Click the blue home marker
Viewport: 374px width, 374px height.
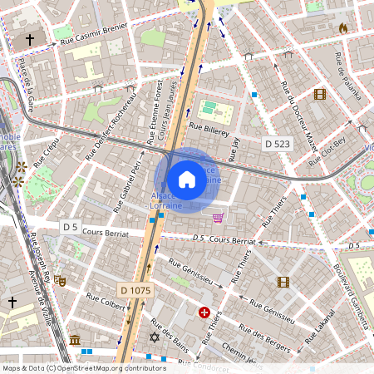(x=187, y=179)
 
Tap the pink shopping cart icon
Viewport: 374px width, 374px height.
(x=218, y=218)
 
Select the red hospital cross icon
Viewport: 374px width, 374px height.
(x=204, y=312)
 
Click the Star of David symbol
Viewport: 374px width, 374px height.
(x=153, y=337)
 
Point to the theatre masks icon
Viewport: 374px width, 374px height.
(x=62, y=282)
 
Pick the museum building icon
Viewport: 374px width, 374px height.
(x=75, y=340)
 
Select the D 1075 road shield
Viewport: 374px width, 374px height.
(x=135, y=290)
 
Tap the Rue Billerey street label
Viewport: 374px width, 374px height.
(x=208, y=128)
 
